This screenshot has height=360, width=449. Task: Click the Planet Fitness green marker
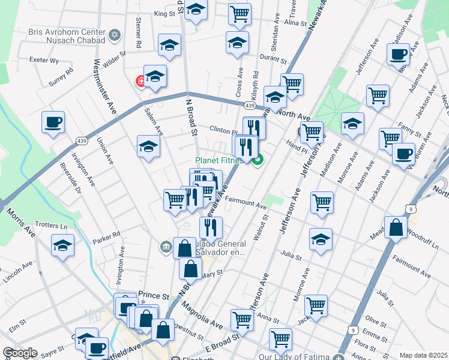tap(258, 160)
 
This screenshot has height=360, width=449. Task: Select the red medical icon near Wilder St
tap(142, 80)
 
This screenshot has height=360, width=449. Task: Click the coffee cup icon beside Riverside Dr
tap(53, 122)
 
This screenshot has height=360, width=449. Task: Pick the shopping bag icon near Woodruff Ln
tap(396, 227)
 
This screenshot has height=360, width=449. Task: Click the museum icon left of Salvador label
tap(165, 246)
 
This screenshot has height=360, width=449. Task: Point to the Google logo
tap(19, 353)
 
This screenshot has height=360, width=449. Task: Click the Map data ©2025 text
tap(423, 355)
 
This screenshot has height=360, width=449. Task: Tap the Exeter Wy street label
tap(45, 60)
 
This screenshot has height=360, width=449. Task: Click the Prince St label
tap(154, 295)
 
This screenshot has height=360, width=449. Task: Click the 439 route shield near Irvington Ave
tap(82, 140)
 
